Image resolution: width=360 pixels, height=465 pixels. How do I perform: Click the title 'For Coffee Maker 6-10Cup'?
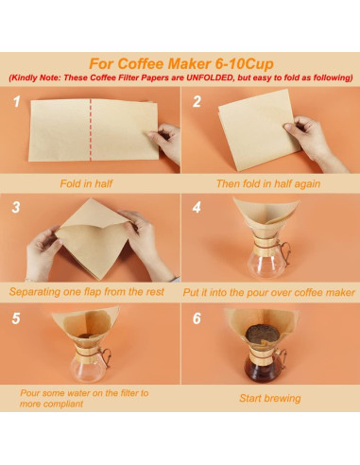pyautogui.click(x=180, y=62)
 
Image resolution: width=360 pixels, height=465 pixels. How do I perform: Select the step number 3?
pyautogui.click(x=17, y=206)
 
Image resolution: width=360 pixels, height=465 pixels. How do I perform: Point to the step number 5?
pyautogui.click(x=17, y=319)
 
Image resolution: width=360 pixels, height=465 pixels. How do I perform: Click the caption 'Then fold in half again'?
pyautogui.click(x=269, y=183)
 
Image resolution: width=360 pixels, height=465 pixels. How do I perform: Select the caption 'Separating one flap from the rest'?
pyautogui.click(x=87, y=293)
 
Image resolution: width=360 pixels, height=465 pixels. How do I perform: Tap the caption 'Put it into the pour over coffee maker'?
pyautogui.click(x=269, y=293)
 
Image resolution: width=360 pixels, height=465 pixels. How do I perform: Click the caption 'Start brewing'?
pyautogui.click(x=269, y=398)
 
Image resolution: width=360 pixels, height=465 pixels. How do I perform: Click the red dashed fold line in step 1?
pyautogui.click(x=87, y=132)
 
